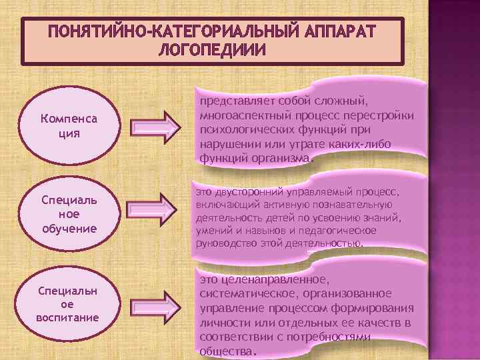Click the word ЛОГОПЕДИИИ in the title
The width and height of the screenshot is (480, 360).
[x=213, y=50]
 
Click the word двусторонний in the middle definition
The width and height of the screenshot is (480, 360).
[x=247, y=191]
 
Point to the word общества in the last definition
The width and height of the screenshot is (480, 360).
[x=225, y=351]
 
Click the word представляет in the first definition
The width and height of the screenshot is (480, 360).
[x=231, y=101]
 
